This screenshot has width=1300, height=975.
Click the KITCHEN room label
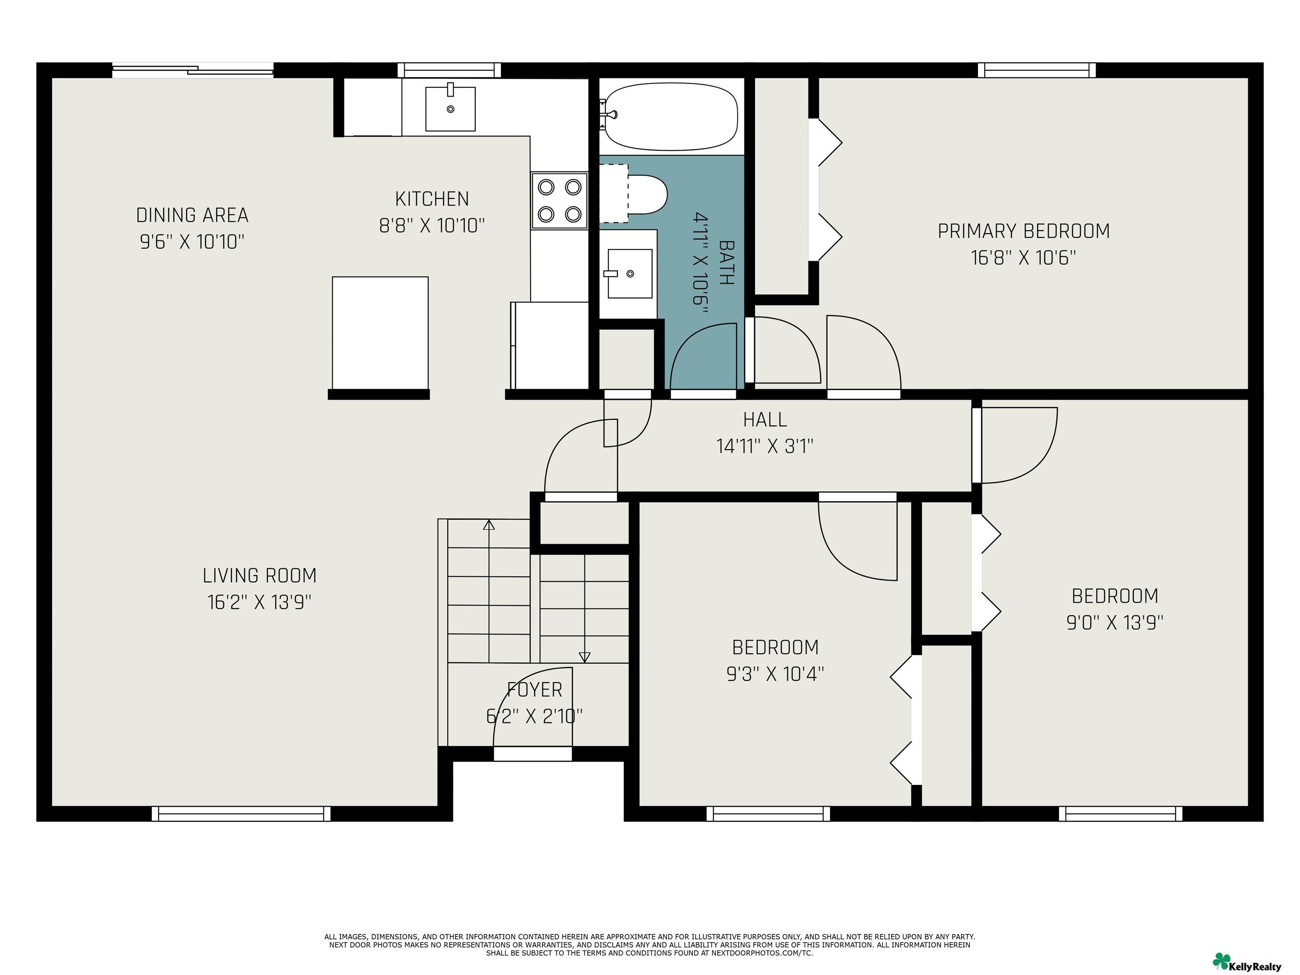432,199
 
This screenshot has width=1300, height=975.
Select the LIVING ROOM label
260,576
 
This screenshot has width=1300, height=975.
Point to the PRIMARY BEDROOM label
1024,231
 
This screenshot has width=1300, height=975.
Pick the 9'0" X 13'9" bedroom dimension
1115,622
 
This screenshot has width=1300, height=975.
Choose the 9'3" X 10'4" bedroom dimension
775,674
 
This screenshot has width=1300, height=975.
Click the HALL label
765,420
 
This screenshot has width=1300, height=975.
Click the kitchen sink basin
450,108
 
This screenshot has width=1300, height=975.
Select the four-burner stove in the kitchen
559,201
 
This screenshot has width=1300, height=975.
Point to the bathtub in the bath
671,116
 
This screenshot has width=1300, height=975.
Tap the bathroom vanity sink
629,273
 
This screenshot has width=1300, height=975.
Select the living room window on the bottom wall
241,813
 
